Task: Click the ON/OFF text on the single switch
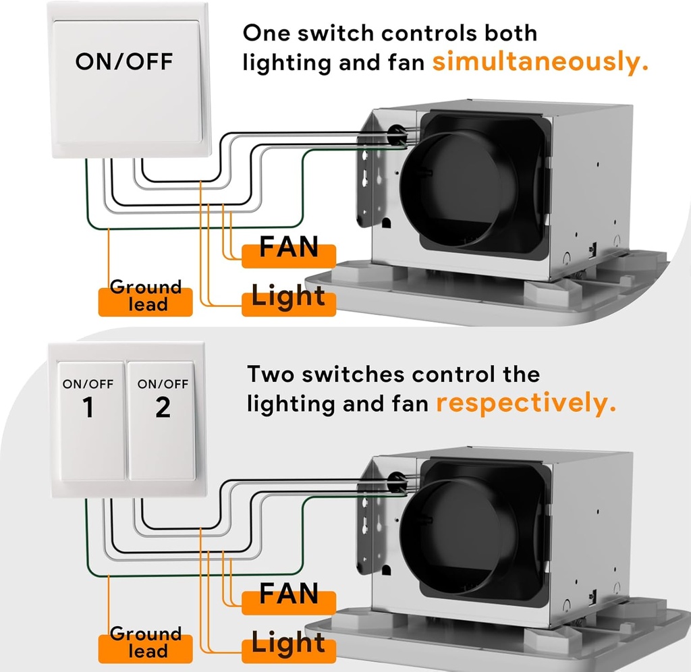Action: point(123,61)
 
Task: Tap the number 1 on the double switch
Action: point(88,408)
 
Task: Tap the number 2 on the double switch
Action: point(163,408)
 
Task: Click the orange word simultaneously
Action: point(540,62)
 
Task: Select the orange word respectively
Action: point(526,403)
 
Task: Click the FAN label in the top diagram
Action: point(289,248)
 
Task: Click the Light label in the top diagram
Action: point(288,296)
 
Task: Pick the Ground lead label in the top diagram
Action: point(146,296)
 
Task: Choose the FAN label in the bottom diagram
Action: point(289,594)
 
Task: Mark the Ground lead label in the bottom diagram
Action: point(146,642)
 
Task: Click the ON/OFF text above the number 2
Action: point(163,385)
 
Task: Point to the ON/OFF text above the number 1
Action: point(88,385)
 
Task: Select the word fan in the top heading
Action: point(407,63)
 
